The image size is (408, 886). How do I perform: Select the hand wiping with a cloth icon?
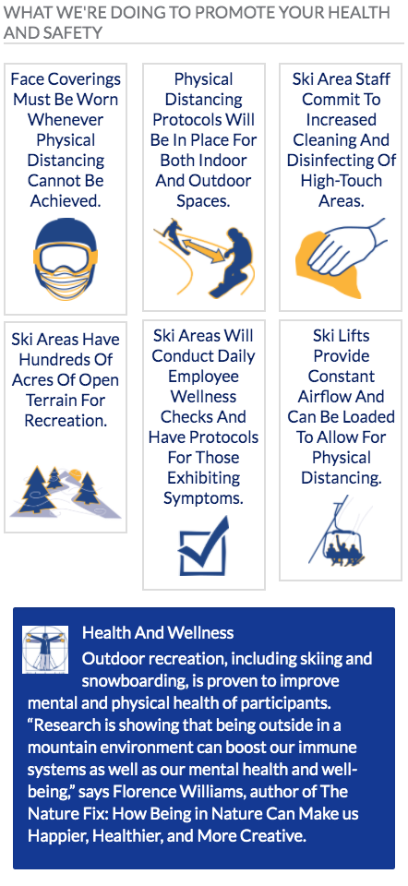click(x=342, y=258)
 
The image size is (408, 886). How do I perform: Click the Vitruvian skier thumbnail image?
click(x=45, y=649)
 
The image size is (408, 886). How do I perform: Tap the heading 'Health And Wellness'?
click(x=158, y=632)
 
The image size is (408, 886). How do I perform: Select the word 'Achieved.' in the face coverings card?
click(x=66, y=200)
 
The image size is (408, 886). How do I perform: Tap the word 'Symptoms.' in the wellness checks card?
click(x=203, y=497)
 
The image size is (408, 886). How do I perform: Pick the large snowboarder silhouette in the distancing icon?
click(x=237, y=261)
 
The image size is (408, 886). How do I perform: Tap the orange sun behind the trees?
click(x=78, y=476)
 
